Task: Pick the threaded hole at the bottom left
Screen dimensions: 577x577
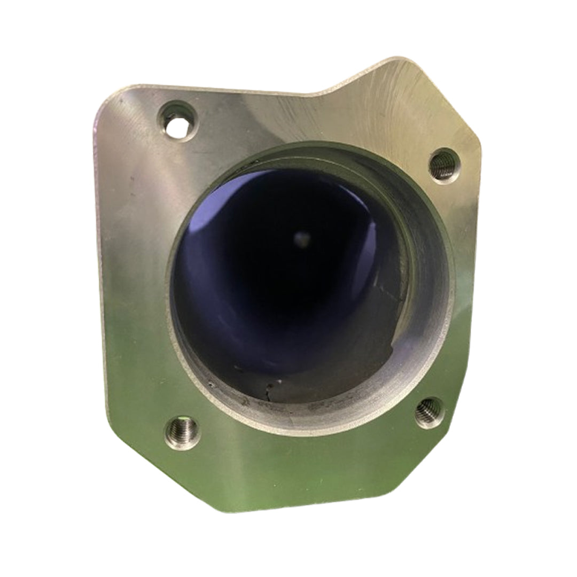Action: pos(184,431)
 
